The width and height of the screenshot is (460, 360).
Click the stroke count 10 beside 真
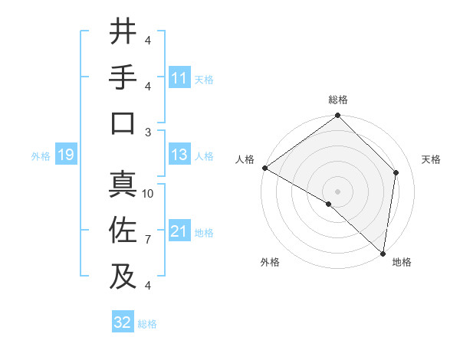tap(148, 194)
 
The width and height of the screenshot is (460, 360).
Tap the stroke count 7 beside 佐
tap(148, 240)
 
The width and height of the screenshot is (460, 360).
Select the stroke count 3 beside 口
tap(148, 132)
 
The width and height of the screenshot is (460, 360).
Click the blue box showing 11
tap(179, 78)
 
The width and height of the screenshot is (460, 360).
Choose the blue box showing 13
tap(179, 155)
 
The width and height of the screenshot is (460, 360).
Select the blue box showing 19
tap(65, 155)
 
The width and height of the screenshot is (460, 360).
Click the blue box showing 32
tap(123, 322)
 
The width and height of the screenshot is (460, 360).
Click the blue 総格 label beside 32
tap(147, 324)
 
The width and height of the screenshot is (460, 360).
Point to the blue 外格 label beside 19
tap(41, 156)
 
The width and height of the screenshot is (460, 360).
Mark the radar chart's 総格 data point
tap(337, 116)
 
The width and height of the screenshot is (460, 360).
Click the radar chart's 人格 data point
tap(264, 168)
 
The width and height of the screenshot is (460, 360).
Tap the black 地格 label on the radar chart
tap(402, 262)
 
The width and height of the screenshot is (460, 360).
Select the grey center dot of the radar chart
tap(337, 190)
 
